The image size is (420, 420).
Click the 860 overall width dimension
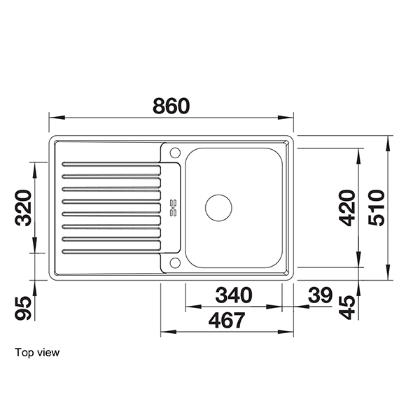(x=171, y=106)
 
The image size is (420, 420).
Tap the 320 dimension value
(x=25, y=208)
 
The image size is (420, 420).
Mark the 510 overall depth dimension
(x=377, y=208)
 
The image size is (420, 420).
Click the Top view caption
(x=37, y=353)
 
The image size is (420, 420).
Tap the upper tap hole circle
(x=175, y=152)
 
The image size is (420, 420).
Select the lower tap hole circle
(x=175, y=263)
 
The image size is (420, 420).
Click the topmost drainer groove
(x=112, y=166)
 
